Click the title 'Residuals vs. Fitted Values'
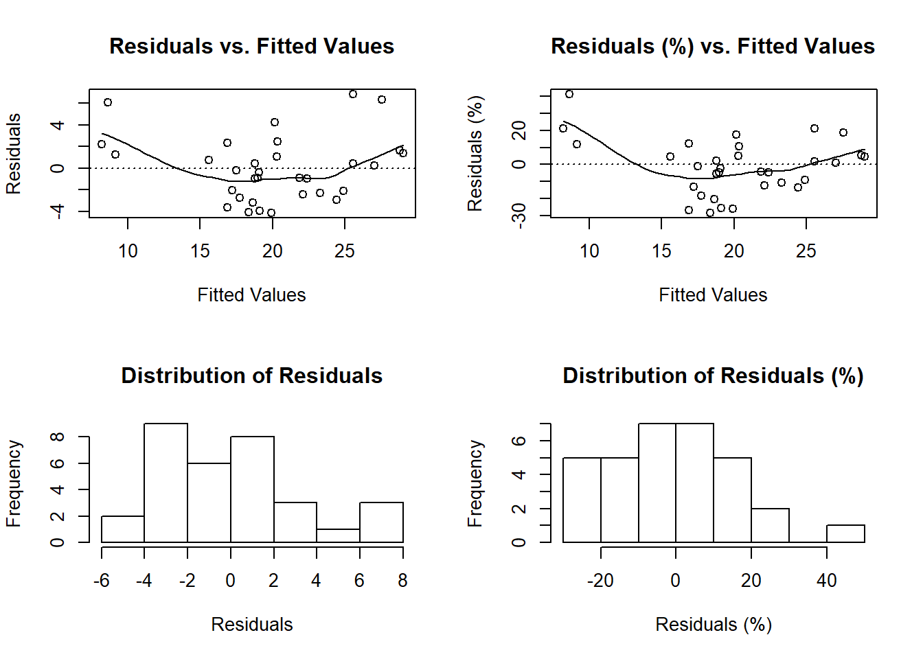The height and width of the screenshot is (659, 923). point(251,46)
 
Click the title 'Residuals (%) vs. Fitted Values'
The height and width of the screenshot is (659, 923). point(713,46)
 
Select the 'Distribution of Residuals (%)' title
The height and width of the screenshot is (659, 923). point(713,375)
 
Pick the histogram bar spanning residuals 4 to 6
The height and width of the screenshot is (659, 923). point(338,536)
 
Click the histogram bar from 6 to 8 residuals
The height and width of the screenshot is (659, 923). point(381,522)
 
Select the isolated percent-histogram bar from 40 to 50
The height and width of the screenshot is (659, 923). point(845,534)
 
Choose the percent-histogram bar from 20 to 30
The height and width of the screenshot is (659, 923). point(770,526)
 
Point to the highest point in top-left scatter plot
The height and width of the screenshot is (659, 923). point(353,94)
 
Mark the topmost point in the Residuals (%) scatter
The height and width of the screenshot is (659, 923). point(569,94)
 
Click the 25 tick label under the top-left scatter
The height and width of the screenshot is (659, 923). point(345,251)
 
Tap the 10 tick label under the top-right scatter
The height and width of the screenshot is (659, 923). point(589,251)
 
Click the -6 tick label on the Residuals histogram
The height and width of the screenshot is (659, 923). point(102,581)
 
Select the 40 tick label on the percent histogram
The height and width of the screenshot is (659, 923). point(827,581)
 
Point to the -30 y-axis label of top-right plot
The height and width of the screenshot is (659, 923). point(519,215)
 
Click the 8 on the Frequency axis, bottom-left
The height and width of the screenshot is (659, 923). point(58,437)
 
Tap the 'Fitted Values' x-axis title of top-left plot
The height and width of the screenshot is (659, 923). point(251,295)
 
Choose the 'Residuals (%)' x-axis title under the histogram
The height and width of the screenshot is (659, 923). point(713,625)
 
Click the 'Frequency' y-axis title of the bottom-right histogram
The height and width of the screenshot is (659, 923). point(475,483)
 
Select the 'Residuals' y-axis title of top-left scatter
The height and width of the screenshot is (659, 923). point(13,154)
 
